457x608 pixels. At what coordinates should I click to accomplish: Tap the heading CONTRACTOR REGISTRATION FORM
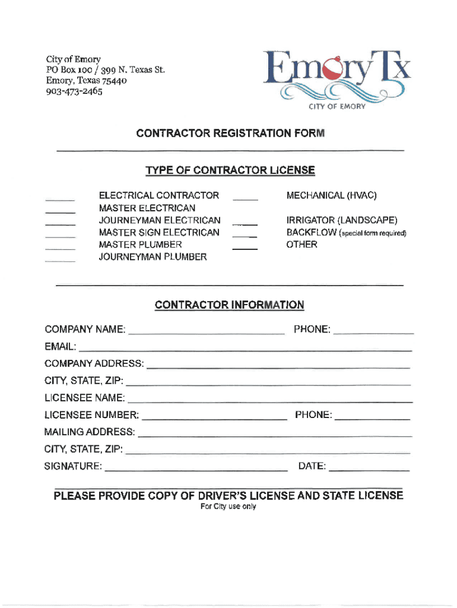230,134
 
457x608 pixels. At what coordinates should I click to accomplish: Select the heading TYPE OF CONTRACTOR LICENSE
230,171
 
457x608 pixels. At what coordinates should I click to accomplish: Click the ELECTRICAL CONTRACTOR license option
158,195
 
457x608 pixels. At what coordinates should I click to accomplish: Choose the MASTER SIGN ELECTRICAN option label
158,232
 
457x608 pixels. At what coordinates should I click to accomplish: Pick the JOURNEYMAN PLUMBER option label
153,257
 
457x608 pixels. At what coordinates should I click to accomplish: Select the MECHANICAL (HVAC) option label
331,195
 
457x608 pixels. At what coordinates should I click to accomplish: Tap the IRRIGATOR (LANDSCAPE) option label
342,220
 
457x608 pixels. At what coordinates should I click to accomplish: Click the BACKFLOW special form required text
346,233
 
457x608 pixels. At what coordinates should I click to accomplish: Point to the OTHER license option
302,245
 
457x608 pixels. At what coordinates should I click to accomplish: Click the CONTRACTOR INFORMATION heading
229,305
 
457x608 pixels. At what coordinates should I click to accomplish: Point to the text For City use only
228,506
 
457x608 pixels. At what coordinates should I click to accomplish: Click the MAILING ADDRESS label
89,432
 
